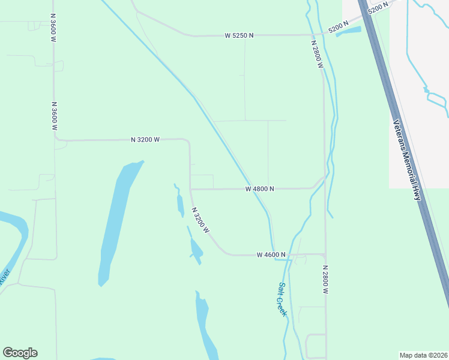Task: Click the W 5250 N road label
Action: [x=239, y=35]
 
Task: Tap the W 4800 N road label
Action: [x=260, y=189]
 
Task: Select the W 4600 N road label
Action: [x=271, y=255]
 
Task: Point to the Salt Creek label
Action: [x=282, y=299]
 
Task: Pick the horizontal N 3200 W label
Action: [x=145, y=140]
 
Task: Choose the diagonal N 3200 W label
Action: [x=200, y=220]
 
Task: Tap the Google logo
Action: [x=20, y=353]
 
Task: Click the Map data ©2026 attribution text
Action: [x=423, y=355]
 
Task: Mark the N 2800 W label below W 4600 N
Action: [x=325, y=279]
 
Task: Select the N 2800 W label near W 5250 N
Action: [x=317, y=55]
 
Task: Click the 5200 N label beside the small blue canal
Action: [x=338, y=28]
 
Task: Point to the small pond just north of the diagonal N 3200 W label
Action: [x=179, y=202]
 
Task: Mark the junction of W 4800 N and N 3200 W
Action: [x=191, y=190]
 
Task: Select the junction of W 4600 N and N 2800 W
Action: [x=325, y=254]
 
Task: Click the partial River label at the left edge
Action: [x=5, y=277]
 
